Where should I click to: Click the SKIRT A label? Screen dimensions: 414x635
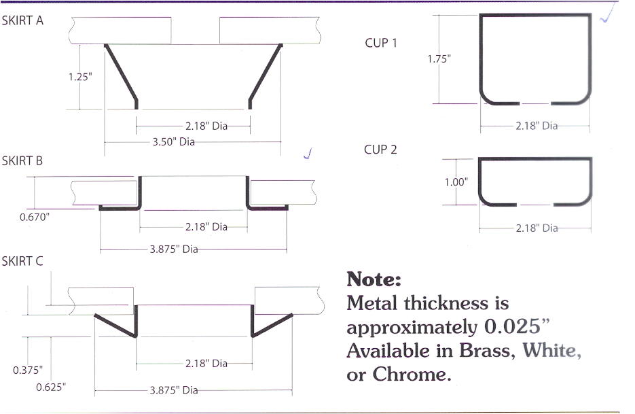coord(22,20)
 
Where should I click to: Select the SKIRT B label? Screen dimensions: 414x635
coord(22,161)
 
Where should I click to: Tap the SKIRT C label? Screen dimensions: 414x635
coord(22,261)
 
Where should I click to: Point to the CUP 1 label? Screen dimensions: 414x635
coord(381,43)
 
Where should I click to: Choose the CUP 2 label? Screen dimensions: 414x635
coord(381,150)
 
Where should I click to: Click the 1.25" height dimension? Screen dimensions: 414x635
coord(80,76)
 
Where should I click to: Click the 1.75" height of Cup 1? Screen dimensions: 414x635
coord(439,59)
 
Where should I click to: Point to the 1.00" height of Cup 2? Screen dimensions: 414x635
coord(456,182)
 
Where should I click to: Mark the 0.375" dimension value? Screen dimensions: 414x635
coord(27,370)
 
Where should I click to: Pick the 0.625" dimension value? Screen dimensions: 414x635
coord(51,388)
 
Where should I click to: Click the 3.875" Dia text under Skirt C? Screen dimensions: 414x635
coord(174,390)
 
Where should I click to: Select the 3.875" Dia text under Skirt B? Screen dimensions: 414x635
coord(174,249)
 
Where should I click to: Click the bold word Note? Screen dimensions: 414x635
coord(374,279)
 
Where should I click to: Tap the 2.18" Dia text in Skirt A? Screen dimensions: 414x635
coord(206,126)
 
